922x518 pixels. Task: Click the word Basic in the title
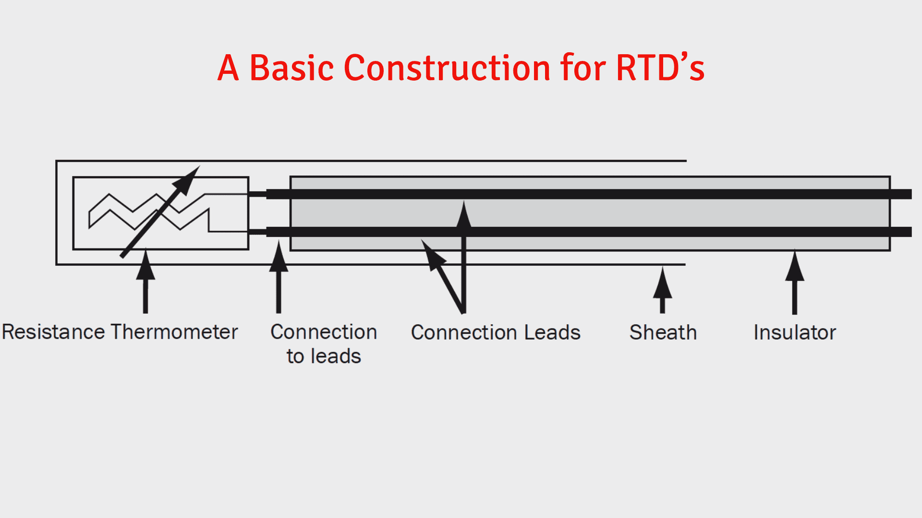click(x=291, y=68)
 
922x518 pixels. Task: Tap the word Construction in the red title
click(x=447, y=68)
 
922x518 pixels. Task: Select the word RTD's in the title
click(x=660, y=68)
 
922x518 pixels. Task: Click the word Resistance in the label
click(x=53, y=332)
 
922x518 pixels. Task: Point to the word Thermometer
click(x=174, y=332)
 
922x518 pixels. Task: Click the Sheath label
click(x=663, y=332)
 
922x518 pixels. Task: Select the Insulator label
click(x=794, y=332)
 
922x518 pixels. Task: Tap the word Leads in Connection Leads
click(x=552, y=332)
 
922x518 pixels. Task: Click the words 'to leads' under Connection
click(x=324, y=356)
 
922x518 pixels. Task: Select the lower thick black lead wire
click(x=624, y=232)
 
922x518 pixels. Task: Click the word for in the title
click(x=583, y=68)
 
